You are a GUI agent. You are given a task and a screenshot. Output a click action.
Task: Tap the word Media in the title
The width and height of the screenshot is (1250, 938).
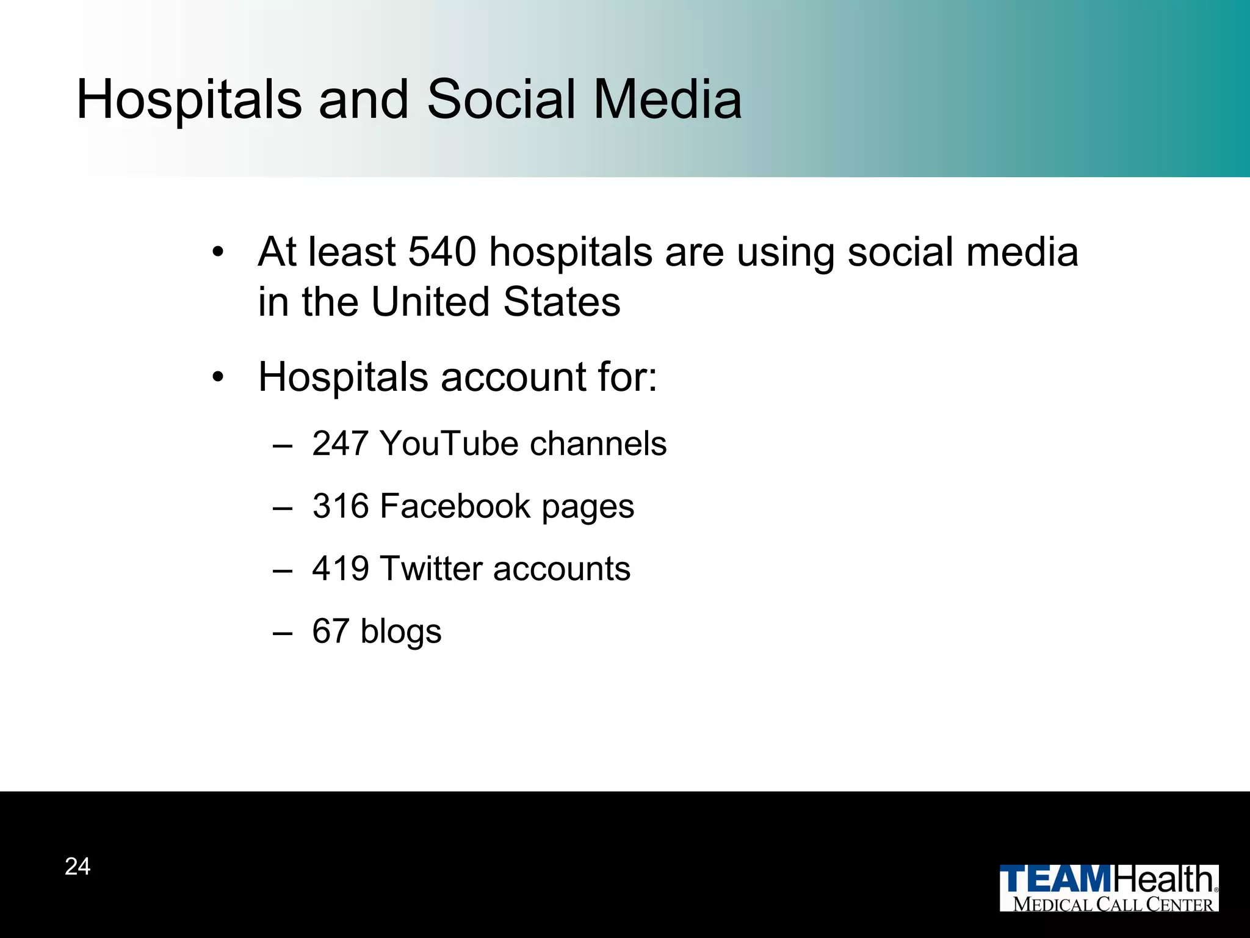point(668,100)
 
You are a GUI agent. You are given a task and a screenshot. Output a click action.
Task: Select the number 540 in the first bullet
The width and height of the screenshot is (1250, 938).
point(442,252)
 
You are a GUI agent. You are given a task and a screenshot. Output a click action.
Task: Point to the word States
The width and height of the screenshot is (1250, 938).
point(562,302)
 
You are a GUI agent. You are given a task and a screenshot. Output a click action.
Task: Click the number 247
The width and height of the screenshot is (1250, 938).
point(341,443)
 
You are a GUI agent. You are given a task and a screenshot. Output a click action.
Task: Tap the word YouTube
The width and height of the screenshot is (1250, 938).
point(449,443)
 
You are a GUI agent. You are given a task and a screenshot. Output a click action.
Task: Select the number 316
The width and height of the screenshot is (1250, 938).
point(341,506)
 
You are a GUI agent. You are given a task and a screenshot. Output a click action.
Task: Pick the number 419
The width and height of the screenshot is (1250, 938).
point(341,569)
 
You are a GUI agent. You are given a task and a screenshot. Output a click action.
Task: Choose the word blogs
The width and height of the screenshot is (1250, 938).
point(401,632)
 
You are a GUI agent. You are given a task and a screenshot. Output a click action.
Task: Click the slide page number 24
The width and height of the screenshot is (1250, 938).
point(78,867)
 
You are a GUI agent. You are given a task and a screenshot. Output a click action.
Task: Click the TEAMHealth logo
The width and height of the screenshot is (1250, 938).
point(1108,888)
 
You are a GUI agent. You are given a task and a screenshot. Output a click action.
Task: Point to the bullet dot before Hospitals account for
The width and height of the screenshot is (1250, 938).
point(218,378)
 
